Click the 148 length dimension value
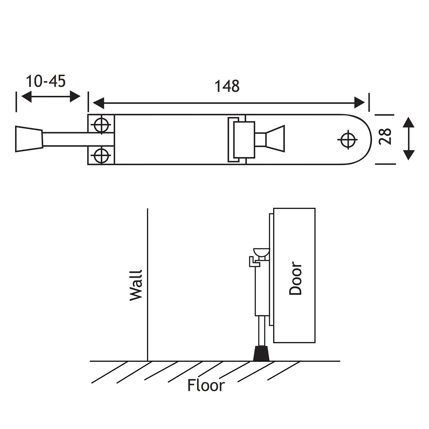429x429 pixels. [227, 86]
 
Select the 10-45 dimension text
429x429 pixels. [45, 82]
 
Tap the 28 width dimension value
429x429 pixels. [385, 136]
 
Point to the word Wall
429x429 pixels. [136, 285]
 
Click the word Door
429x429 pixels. [296, 279]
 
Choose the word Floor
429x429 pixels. [206, 385]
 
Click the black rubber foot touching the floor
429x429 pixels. [261, 354]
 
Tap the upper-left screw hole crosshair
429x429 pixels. [101, 124]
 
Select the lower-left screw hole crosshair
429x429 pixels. [101, 156]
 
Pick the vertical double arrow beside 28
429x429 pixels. [408, 139]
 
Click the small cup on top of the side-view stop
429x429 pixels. [261, 252]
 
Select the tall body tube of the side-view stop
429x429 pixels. [261, 291]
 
